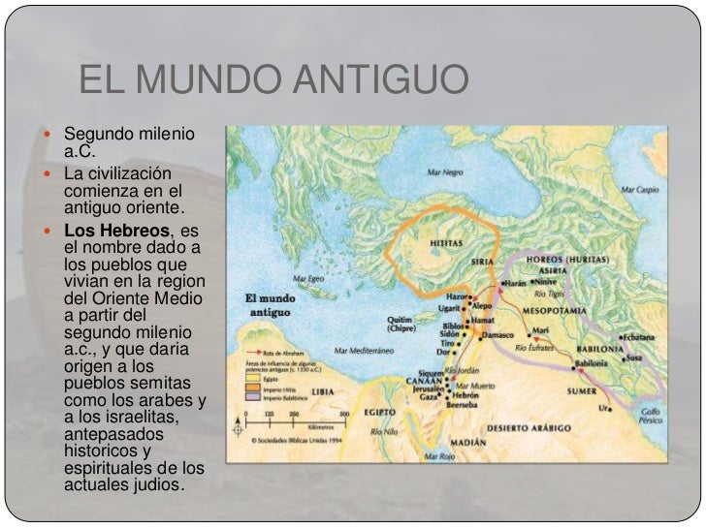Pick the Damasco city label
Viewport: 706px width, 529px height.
coord(497,334)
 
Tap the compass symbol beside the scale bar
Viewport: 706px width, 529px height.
coord(237,427)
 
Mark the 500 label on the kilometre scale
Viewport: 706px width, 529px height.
coord(344,415)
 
